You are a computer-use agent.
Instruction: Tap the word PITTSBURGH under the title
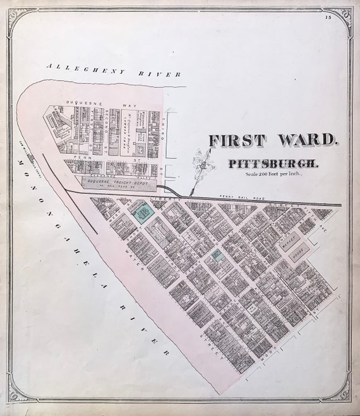tap(273, 163)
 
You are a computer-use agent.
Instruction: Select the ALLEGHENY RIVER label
tap(117, 69)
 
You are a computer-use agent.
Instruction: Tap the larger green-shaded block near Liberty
tap(142, 211)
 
